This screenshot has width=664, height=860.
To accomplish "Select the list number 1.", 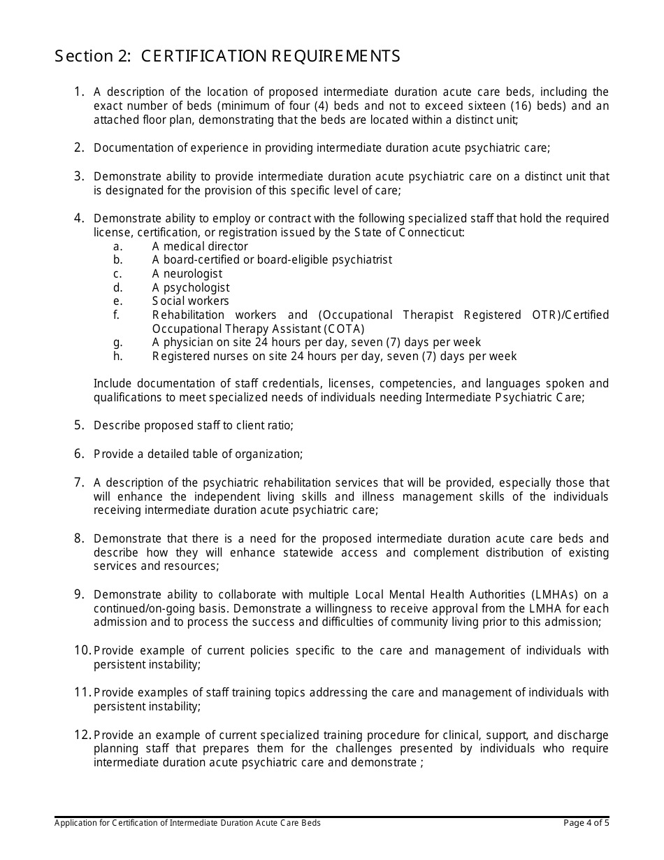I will click(x=79, y=92).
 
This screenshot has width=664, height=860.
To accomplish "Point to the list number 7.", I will click(x=79, y=482).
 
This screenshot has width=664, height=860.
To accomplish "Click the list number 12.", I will click(x=82, y=735).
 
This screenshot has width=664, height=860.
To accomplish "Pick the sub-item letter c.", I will click(x=117, y=274).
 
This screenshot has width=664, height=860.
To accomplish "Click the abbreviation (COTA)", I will click(x=345, y=329).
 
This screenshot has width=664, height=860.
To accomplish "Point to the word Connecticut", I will click(x=431, y=232).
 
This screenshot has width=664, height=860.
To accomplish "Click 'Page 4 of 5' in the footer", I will click(x=586, y=823).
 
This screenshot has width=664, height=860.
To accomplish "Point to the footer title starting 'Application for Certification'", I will click(x=187, y=823).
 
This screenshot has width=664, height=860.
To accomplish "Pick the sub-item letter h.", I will click(x=117, y=356).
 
